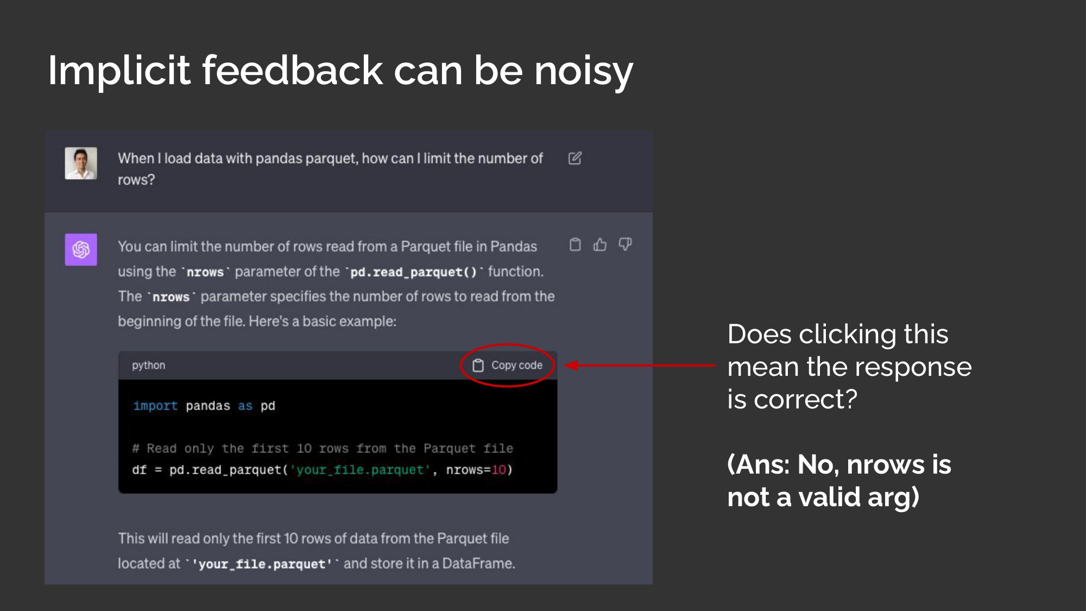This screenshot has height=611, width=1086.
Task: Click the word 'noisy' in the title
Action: tap(584, 71)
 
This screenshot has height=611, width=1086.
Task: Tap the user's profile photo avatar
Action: tap(81, 163)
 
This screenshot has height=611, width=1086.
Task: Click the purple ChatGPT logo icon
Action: tap(81, 249)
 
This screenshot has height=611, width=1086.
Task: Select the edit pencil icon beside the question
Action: tap(575, 158)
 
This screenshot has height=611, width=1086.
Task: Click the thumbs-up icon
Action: tap(600, 245)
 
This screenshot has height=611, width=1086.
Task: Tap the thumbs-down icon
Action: tap(626, 244)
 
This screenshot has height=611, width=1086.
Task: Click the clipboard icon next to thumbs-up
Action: tap(575, 244)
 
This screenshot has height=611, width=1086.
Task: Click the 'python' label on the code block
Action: tap(148, 365)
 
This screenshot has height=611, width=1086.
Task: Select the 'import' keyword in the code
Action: tap(155, 406)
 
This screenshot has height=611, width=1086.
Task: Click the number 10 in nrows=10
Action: tap(498, 469)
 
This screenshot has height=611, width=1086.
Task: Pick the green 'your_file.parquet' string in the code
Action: tap(359, 469)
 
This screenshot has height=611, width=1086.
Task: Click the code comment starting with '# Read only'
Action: tap(323, 448)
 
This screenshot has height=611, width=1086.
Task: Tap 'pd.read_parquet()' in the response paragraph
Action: tap(413, 272)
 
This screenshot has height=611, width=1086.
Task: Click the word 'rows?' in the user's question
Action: tap(136, 180)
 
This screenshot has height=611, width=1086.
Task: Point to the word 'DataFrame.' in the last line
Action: tap(478, 563)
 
